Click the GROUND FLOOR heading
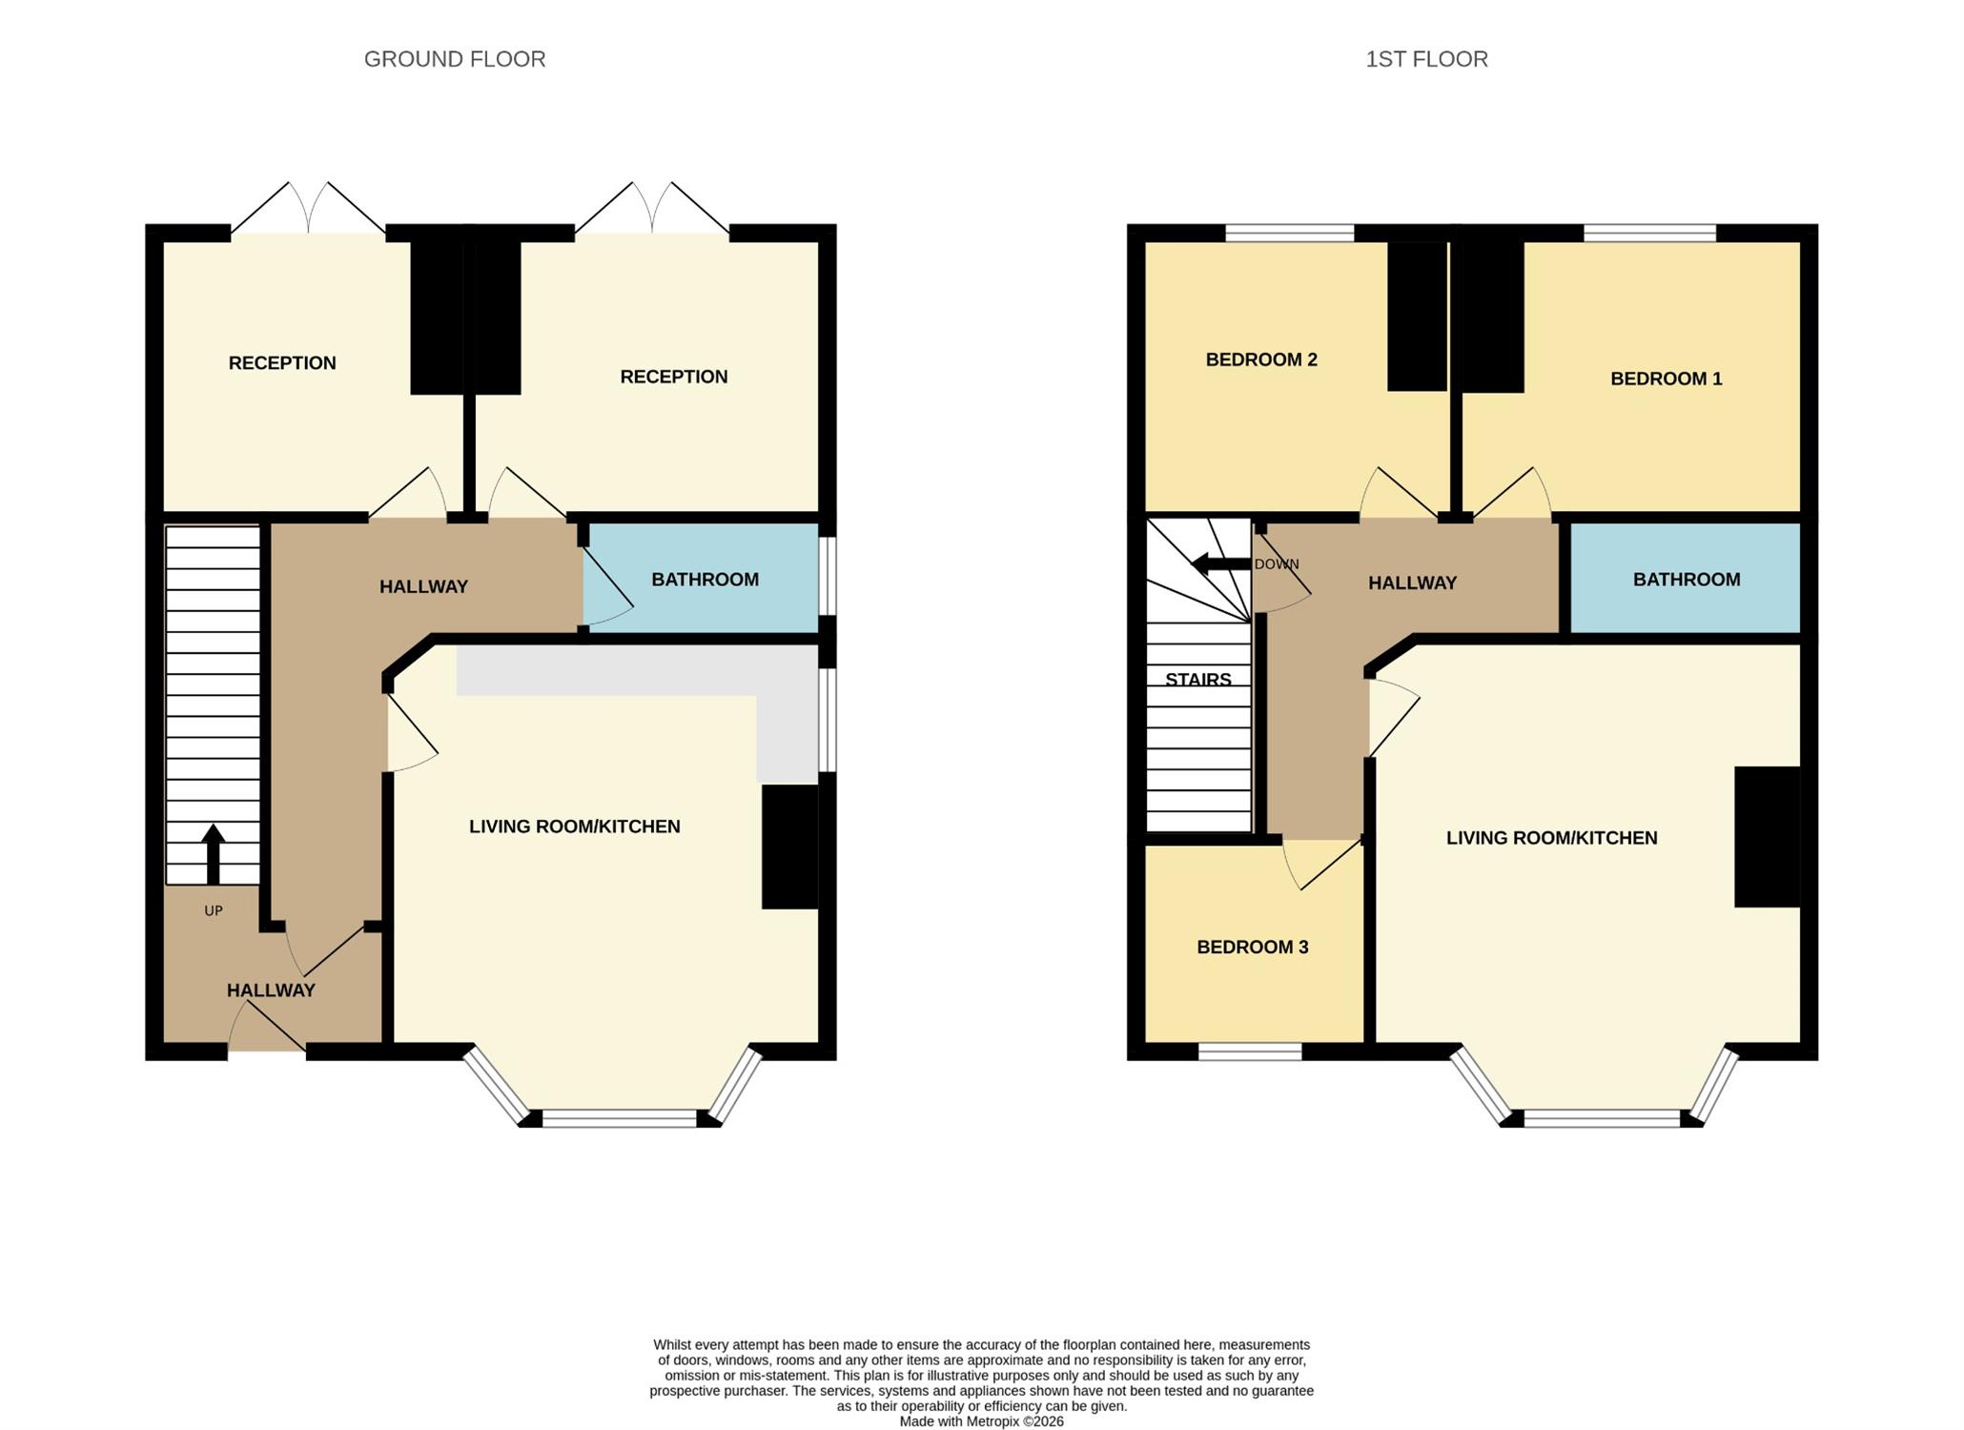(455, 59)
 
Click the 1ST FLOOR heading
(1426, 59)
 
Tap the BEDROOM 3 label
(1253, 947)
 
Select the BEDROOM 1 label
(1667, 378)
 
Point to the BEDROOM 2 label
(1261, 359)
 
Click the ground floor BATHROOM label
(706, 580)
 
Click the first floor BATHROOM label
(1687, 580)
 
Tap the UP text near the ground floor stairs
(214, 910)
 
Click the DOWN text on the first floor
(1277, 564)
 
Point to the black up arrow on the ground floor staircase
(214, 854)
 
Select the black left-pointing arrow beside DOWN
(1221, 564)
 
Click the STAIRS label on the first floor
(1198, 680)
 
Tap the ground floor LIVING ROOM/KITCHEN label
(575, 827)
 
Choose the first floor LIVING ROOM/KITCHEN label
(1552, 838)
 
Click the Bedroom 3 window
(1250, 1052)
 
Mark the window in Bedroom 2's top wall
(1289, 233)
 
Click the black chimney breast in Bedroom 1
(1492, 317)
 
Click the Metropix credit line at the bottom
(982, 1421)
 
